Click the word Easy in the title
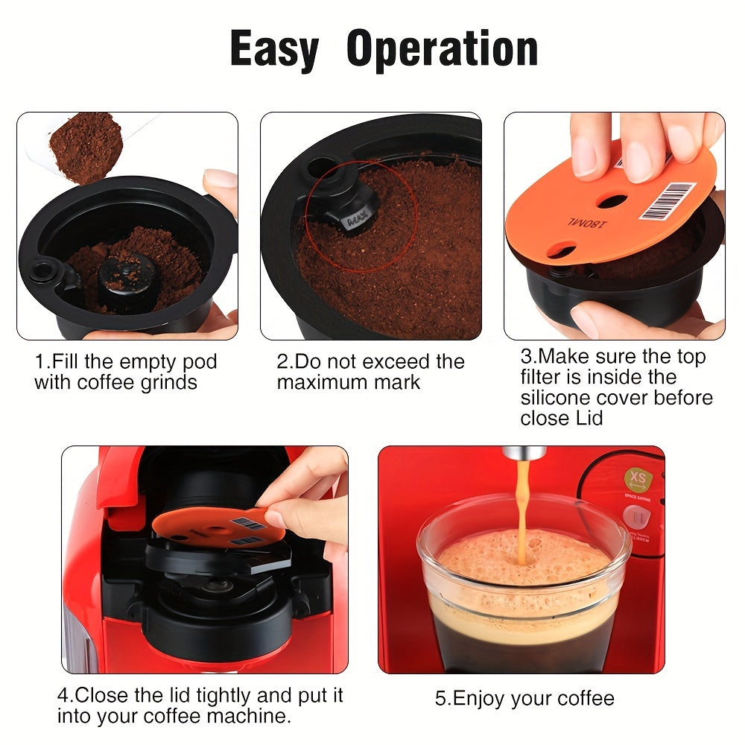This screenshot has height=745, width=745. tap(273, 50)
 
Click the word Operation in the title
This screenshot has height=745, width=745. tap(442, 50)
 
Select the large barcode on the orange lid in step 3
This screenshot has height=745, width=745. tap(667, 201)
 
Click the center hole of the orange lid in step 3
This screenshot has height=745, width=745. tap(612, 201)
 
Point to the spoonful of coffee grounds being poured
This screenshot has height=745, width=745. tap(85, 146)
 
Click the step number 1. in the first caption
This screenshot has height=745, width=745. tap(42, 363)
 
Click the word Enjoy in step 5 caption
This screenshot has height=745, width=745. tap(478, 699)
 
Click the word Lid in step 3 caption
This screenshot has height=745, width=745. tap(586, 419)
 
